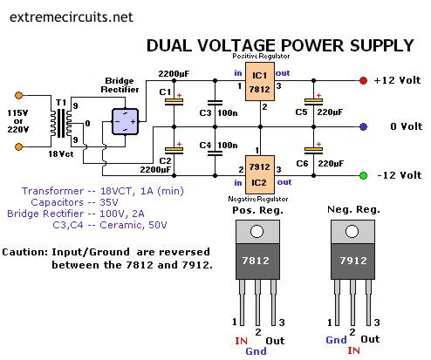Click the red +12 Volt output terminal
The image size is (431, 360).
click(363, 80)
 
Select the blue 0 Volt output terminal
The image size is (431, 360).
click(363, 126)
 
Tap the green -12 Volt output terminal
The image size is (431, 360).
click(363, 175)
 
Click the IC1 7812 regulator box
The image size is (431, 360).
click(260, 82)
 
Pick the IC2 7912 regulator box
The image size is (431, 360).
click(260, 174)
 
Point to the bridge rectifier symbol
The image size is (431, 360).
click(126, 122)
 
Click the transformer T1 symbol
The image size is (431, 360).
click(61, 123)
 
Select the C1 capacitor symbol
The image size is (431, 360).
click(174, 102)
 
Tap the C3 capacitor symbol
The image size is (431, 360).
click(215, 103)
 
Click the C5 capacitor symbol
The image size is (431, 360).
click(313, 102)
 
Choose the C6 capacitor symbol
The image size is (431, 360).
click(313, 151)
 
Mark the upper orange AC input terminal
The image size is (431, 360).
click(18, 95)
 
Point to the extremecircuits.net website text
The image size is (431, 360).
click(72, 17)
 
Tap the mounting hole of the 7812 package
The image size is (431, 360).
click(257, 232)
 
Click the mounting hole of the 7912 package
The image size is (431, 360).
click(352, 232)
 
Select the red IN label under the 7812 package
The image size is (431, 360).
click(241, 341)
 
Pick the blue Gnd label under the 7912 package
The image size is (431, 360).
click(336, 340)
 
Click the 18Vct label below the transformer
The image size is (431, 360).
click(61, 153)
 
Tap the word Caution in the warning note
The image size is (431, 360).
click(25, 252)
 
